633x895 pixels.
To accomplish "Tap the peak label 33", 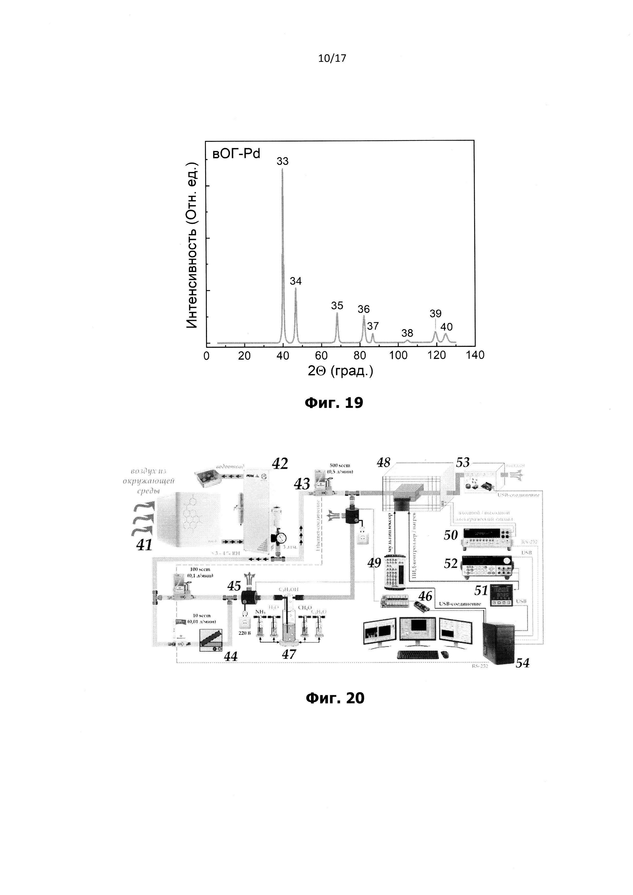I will click(x=283, y=161).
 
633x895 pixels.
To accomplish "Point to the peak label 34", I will click(x=296, y=281).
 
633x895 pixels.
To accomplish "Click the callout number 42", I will click(x=280, y=463).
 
